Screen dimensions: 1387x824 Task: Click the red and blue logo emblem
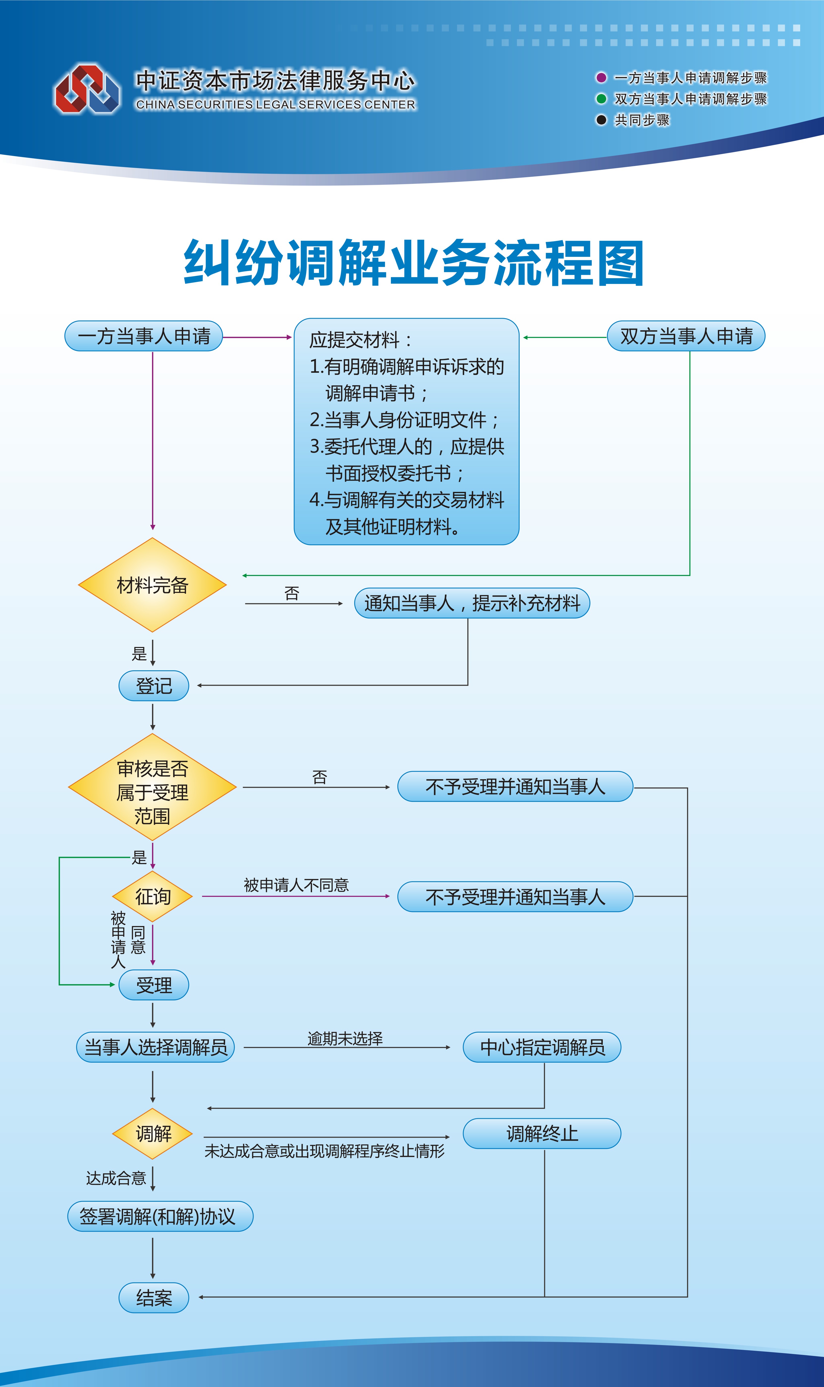[87, 89]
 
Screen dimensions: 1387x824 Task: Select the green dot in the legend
[601, 99]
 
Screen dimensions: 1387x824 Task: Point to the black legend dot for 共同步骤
[601, 120]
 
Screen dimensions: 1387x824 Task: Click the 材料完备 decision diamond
[152, 585]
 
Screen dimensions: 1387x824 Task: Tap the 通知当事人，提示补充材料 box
[472, 603]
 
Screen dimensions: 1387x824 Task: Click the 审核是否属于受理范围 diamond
[152, 787]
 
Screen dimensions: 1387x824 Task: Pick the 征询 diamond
[152, 897]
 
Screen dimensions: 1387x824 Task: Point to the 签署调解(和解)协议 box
[160, 1217]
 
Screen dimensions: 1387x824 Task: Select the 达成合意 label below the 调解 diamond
[116, 1178]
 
